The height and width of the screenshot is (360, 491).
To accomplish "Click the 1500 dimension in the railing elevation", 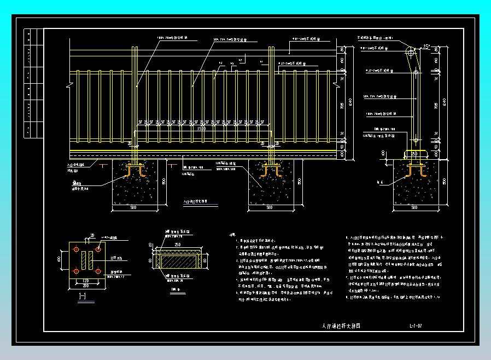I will click(203, 127).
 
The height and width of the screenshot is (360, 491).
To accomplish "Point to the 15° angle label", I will click(427, 48).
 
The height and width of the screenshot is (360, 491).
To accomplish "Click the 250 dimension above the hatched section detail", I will click(178, 245).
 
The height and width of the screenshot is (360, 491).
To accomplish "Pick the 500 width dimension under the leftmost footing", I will click(133, 208).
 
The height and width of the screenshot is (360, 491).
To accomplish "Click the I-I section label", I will click(83, 297).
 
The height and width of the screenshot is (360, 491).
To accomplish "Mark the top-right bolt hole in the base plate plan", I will click(97, 249).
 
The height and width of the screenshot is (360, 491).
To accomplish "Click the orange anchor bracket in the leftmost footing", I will click(133, 171).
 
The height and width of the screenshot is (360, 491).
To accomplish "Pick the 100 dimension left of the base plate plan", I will click(60, 258).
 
